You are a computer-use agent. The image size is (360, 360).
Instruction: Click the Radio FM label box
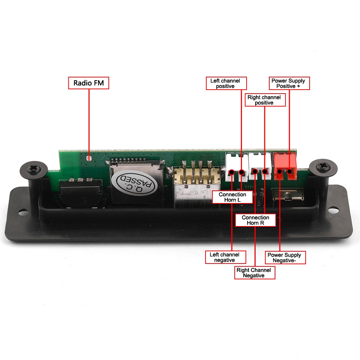[x=89, y=83]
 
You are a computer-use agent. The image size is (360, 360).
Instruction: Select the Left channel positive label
[x=226, y=84]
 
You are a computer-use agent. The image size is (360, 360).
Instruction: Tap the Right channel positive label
[x=265, y=100]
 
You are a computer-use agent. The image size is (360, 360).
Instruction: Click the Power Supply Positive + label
[x=289, y=84]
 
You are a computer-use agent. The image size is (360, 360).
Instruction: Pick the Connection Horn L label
[x=232, y=197]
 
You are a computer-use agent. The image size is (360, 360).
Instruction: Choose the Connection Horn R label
[x=256, y=220]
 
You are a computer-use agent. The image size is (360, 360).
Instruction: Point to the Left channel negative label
[x=225, y=257]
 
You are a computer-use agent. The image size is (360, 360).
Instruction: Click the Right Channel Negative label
[x=255, y=273]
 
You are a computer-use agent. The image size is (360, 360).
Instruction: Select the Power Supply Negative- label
[x=285, y=258]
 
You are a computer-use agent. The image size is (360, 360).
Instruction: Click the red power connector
[x=285, y=166]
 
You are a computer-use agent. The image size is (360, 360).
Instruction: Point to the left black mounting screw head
[x=33, y=170]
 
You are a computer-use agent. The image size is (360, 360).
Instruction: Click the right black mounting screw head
[x=323, y=167]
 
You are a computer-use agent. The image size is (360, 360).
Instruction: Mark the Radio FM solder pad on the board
[x=89, y=158]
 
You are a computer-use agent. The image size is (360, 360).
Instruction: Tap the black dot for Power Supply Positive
[x=289, y=171]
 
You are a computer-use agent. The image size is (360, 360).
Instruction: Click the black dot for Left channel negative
[x=231, y=172]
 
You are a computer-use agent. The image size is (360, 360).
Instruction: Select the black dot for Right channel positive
[x=265, y=171]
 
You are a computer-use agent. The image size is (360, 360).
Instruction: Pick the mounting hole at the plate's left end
[x=23, y=212]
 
